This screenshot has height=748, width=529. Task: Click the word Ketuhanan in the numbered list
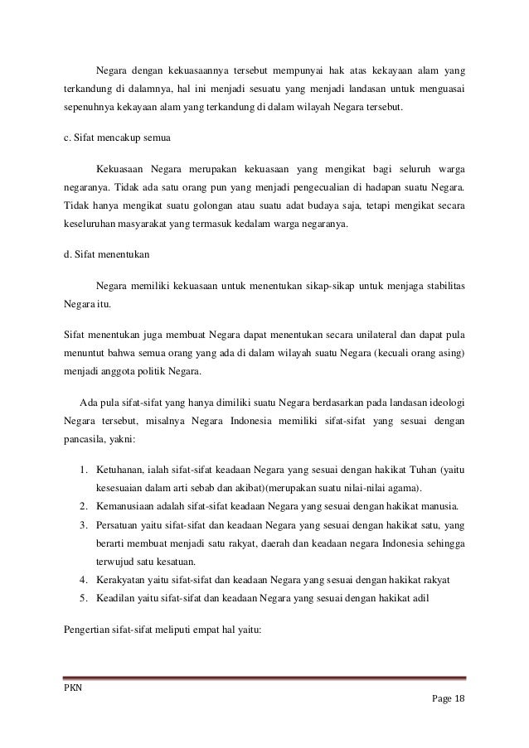tap(121, 471)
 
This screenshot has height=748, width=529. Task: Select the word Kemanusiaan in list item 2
tap(128, 505)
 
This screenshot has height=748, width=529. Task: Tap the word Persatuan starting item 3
tap(119, 524)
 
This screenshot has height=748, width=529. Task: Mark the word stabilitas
tap(443, 285)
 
